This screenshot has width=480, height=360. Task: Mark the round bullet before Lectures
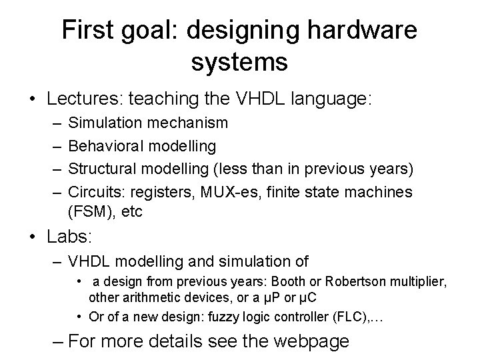pyautogui.click(x=31, y=100)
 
